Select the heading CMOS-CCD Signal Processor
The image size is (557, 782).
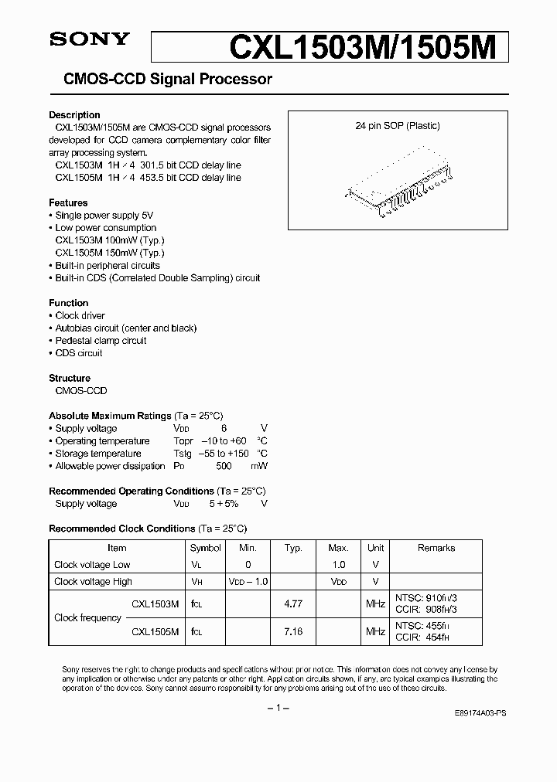(x=160, y=79)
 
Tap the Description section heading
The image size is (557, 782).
(x=74, y=115)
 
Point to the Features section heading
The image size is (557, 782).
(x=68, y=203)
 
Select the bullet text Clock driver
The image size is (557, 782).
(x=80, y=316)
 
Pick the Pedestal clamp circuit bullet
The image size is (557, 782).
(x=101, y=341)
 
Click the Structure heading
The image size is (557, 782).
(x=70, y=379)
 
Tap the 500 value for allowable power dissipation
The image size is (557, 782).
(x=223, y=466)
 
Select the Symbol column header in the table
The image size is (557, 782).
(x=205, y=548)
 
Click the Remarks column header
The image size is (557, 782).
(x=436, y=548)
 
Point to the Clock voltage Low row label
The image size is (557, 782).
(x=92, y=565)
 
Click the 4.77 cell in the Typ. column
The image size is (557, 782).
(x=293, y=603)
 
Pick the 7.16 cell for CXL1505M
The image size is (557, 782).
(x=293, y=632)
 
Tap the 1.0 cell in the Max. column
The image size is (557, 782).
(x=339, y=565)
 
